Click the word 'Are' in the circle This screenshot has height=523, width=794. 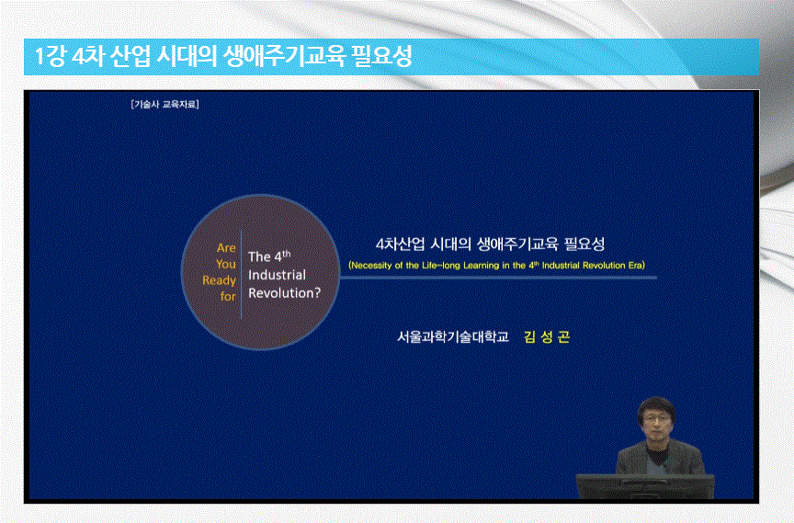click(226, 248)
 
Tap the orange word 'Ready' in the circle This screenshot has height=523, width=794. click(220, 280)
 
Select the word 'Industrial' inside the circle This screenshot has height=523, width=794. click(278, 275)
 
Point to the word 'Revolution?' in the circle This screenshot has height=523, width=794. click(284, 293)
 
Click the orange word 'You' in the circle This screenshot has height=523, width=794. click(226, 264)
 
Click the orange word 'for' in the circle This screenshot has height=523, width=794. click(228, 297)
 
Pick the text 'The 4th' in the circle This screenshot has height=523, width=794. click(270, 256)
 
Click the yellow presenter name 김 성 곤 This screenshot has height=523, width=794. click(547, 337)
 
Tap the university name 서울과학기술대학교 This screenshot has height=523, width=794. click(452, 337)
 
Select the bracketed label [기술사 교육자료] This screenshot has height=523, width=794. click(165, 104)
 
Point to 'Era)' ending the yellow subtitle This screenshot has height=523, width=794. click(636, 265)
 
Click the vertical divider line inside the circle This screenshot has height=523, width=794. click(242, 273)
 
